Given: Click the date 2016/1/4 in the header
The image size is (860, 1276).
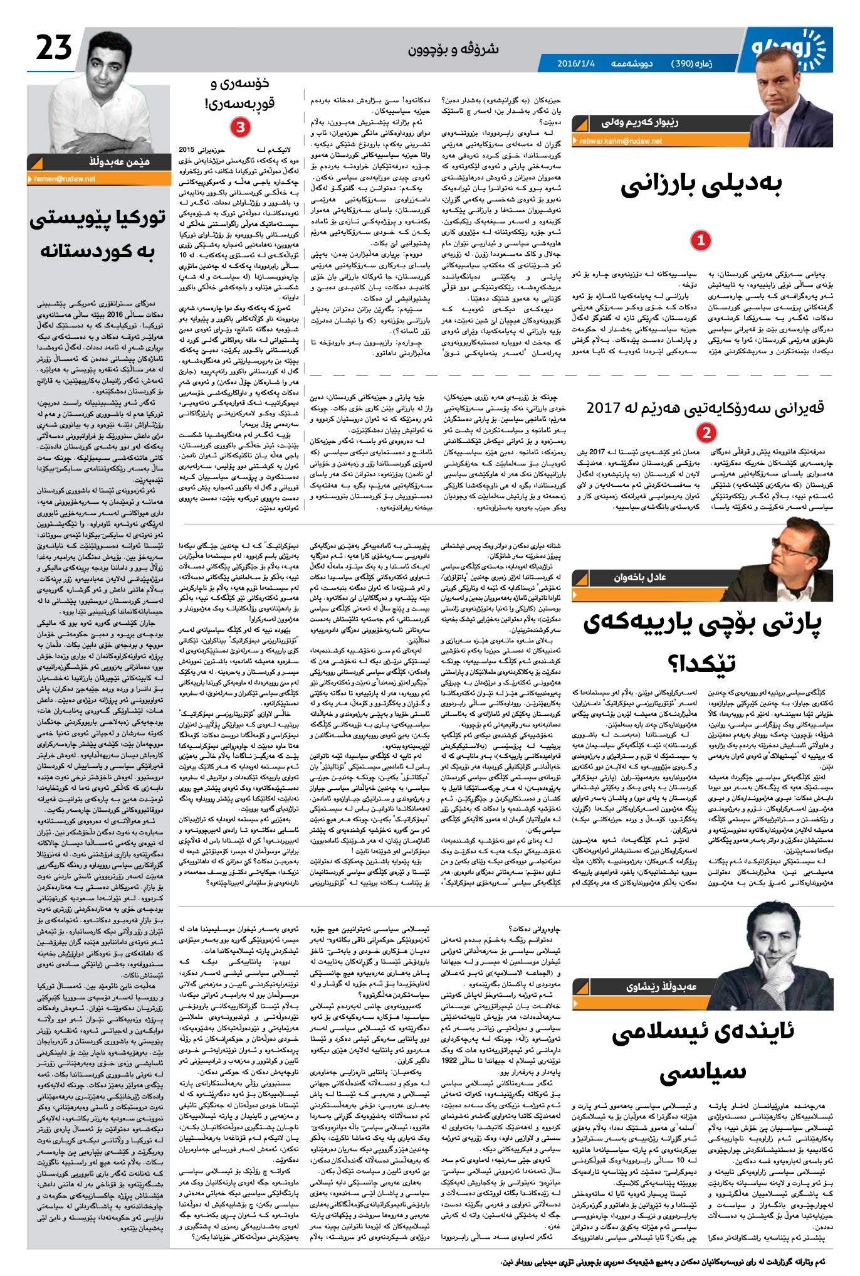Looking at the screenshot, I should [x=575, y=63].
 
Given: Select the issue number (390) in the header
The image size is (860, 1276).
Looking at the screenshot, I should [x=684, y=63].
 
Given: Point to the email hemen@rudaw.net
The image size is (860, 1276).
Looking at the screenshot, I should [x=62, y=179].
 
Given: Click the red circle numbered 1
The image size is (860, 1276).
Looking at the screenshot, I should [x=700, y=240].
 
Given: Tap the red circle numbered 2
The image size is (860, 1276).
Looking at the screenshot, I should [x=706, y=432].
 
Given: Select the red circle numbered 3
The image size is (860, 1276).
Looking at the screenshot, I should [x=239, y=127].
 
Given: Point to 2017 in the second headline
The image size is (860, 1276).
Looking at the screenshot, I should [x=606, y=408].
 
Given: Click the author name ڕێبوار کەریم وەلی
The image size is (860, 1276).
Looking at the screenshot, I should [x=639, y=123].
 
